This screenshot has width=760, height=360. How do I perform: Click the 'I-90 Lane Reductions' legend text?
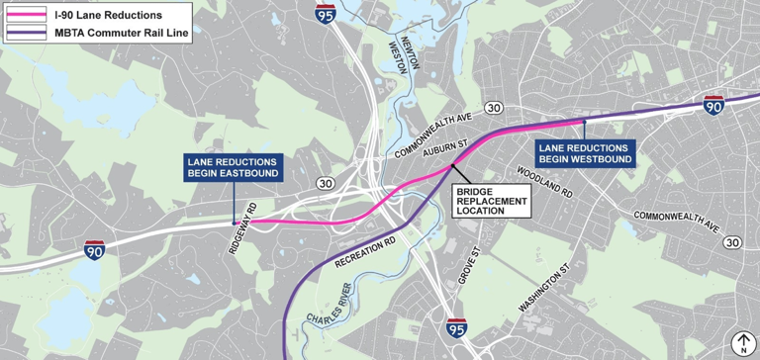(109, 15)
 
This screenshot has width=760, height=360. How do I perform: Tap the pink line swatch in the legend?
(28, 15)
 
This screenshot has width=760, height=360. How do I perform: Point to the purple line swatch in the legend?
(28, 33)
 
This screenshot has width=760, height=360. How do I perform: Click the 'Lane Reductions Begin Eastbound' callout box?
(234, 167)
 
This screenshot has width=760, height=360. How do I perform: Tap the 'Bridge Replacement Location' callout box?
(490, 201)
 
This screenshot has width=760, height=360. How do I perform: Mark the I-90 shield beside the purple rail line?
(713, 104)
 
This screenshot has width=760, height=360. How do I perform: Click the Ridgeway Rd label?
(242, 230)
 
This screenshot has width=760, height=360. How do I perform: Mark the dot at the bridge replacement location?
(454, 165)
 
